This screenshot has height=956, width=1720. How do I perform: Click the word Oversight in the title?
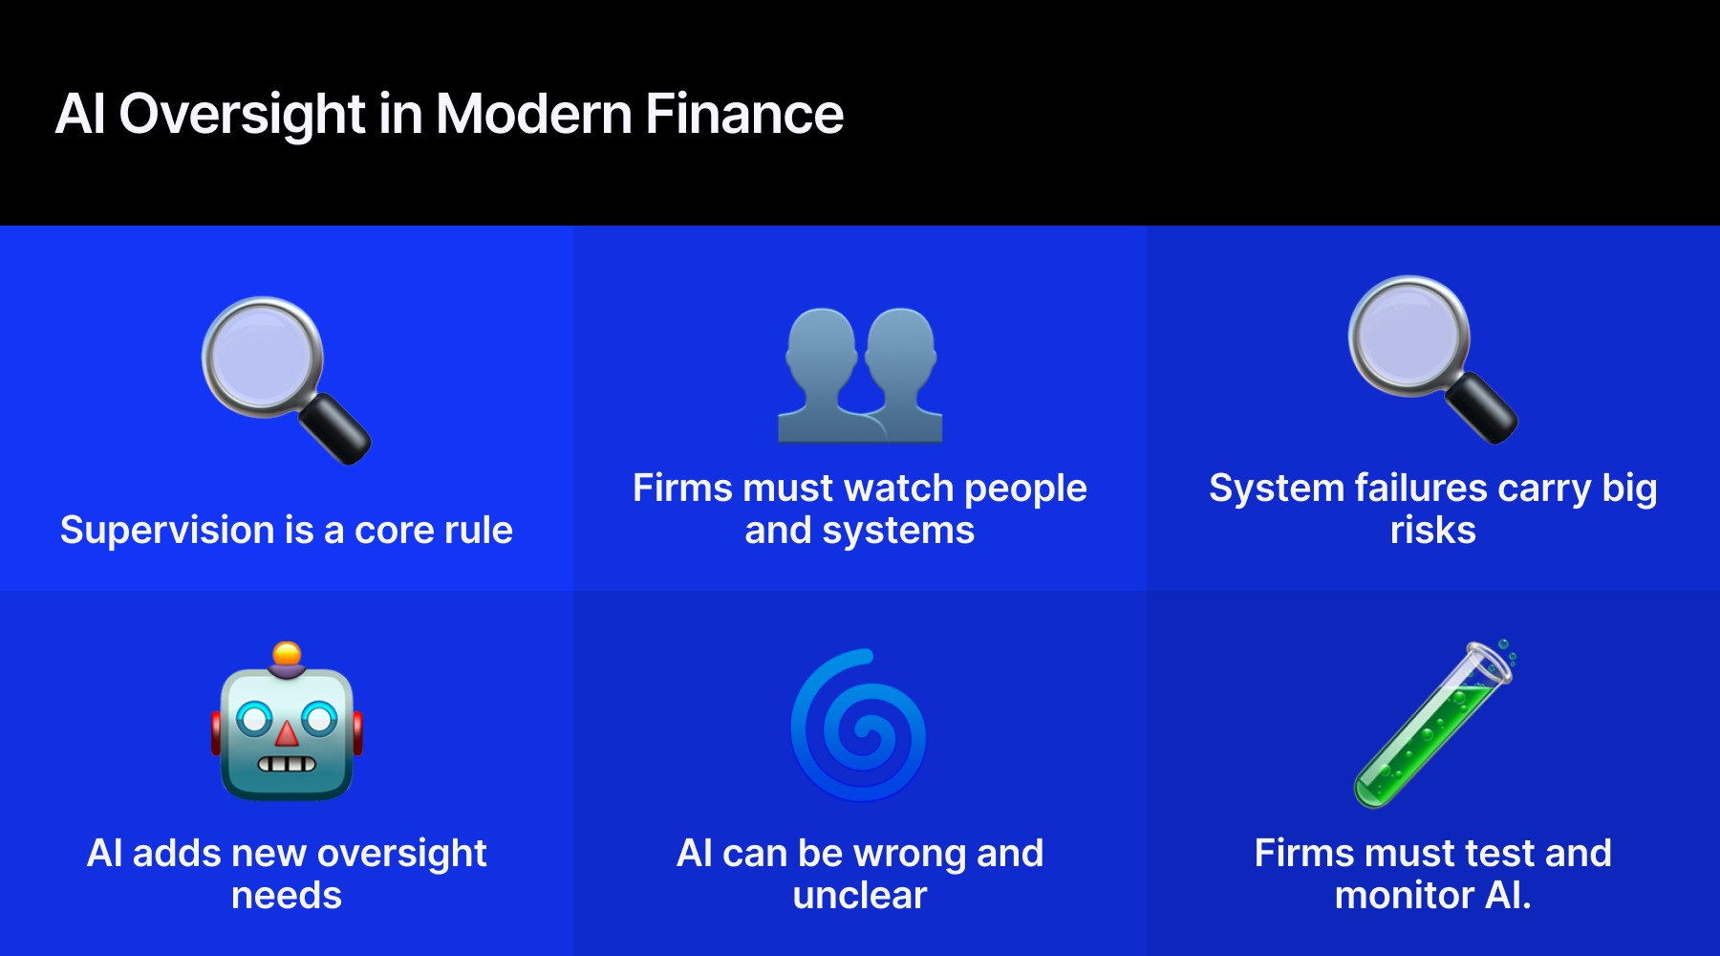[x=242, y=115]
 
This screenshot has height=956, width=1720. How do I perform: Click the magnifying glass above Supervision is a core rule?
[x=285, y=380]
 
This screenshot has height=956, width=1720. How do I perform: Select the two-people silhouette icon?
[x=860, y=375]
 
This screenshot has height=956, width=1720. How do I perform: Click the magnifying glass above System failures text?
[x=1431, y=358]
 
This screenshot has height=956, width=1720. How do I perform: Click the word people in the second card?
[x=1025, y=489]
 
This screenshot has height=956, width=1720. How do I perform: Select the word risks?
[x=1432, y=531]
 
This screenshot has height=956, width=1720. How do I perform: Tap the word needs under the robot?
[x=287, y=896]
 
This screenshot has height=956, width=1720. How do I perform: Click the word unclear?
[x=860, y=896]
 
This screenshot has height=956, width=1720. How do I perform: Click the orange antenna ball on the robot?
[x=287, y=655]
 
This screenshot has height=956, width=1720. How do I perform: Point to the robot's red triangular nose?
[x=287, y=734]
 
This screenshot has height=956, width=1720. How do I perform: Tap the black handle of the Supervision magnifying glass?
[x=335, y=429]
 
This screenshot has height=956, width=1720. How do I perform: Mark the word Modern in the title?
[x=533, y=115]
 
